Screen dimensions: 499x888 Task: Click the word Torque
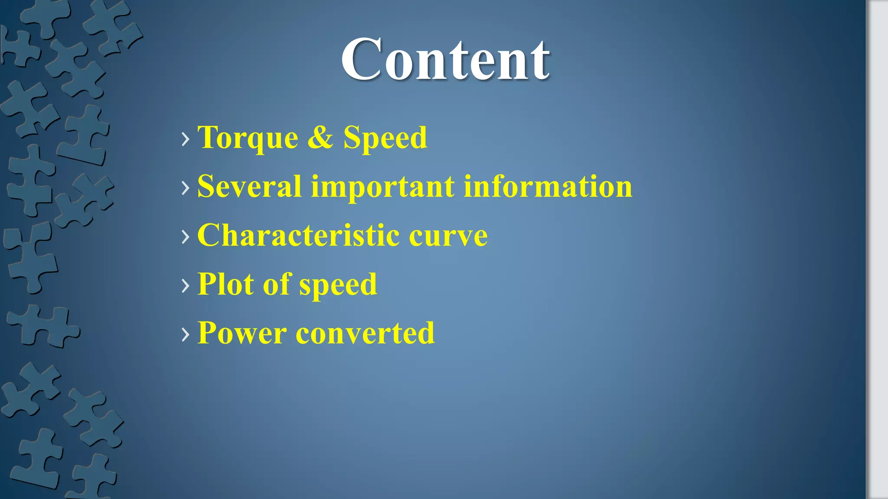(x=248, y=138)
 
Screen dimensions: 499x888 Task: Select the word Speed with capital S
(x=385, y=138)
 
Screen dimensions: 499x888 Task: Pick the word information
(x=548, y=186)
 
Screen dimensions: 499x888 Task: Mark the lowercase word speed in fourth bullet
(x=338, y=285)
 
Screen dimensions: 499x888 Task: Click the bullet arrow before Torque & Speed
(x=186, y=139)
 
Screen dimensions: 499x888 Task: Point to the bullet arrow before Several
(x=186, y=188)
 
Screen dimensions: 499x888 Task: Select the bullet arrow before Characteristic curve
(x=186, y=237)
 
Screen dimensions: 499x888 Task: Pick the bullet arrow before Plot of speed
(x=186, y=285)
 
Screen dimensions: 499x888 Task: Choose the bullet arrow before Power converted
(x=186, y=334)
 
